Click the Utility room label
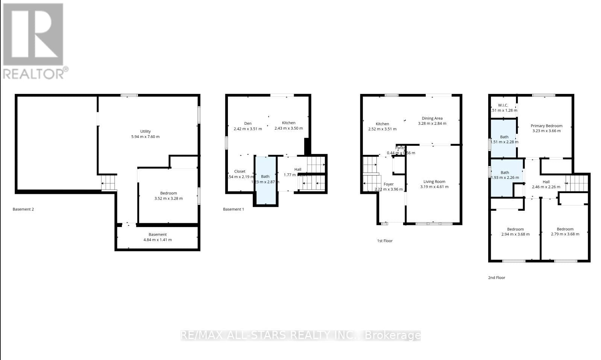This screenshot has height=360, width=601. [x=146, y=131]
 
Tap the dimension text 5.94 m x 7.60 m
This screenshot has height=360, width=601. [x=146, y=137]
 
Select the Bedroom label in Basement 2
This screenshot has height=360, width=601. [x=168, y=193]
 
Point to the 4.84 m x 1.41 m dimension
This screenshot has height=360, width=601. [x=158, y=240]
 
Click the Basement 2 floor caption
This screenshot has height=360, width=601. [x=23, y=209]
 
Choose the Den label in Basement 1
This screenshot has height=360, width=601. [x=248, y=123]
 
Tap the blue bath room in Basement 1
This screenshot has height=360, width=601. [x=266, y=180]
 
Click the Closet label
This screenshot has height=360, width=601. [x=240, y=171]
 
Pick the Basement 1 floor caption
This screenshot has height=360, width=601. [x=234, y=209]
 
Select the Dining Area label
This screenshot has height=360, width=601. [x=432, y=118]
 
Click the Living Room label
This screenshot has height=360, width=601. [x=434, y=182]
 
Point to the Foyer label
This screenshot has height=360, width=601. [x=389, y=184]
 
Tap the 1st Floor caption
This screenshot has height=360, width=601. [x=385, y=241]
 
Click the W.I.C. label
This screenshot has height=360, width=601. [x=503, y=105]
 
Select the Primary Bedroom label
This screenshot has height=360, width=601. [x=546, y=126]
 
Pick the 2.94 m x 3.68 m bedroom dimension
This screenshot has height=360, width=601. [x=515, y=234]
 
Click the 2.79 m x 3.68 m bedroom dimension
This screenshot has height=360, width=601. [x=565, y=234]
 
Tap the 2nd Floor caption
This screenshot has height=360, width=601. [x=497, y=278]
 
